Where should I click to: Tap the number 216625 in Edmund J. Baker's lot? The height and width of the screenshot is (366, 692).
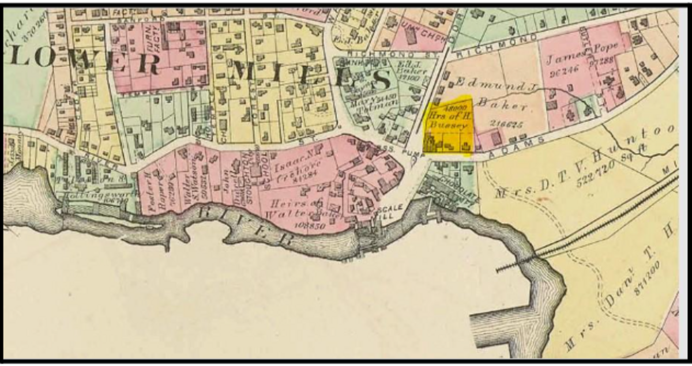click(x=503, y=124)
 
